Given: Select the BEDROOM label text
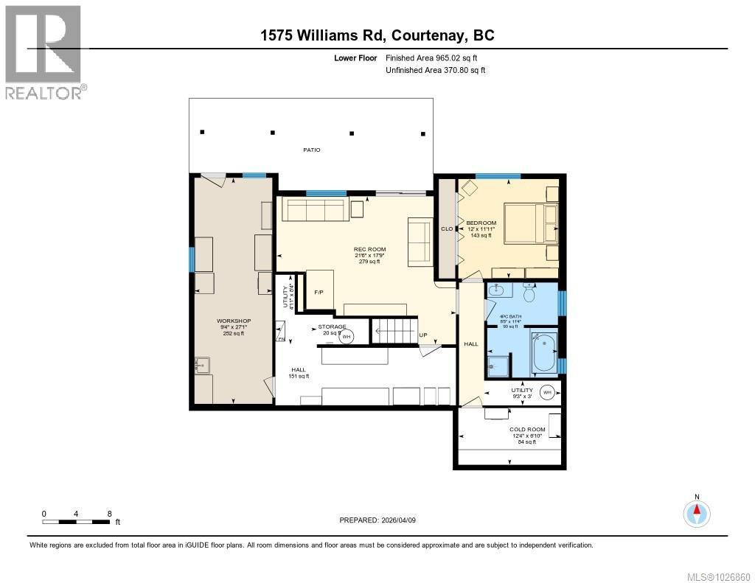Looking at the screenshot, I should (x=481, y=223).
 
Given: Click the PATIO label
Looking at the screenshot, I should (x=312, y=150).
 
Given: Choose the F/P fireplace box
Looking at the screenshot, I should (x=319, y=293).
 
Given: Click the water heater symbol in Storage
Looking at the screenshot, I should (x=347, y=336).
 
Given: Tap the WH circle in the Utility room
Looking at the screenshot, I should (x=547, y=392).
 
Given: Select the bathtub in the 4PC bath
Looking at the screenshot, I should (x=544, y=353).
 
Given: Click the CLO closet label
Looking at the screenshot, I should (x=447, y=229).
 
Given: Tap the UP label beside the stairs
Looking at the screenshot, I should (x=422, y=335).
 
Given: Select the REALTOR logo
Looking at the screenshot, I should (x=44, y=52).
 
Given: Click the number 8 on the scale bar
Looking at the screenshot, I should (x=109, y=513).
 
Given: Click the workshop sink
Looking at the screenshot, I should (x=203, y=364).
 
